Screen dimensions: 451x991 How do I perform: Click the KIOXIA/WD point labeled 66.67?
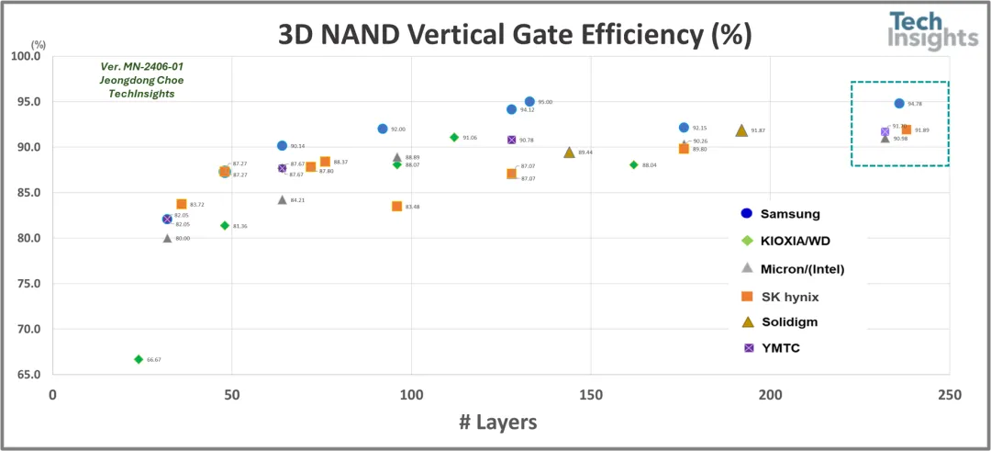(139, 359)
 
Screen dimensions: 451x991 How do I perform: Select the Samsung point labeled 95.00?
(529, 102)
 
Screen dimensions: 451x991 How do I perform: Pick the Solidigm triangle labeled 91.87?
(741, 130)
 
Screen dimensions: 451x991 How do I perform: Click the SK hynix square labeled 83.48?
(397, 207)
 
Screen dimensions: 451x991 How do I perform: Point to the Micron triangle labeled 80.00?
(167, 238)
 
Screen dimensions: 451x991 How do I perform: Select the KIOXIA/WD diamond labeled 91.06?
(454, 137)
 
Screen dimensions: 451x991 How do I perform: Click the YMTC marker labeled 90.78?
(511, 140)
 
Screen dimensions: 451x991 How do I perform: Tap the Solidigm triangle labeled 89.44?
(569, 152)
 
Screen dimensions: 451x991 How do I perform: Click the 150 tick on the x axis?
(590, 394)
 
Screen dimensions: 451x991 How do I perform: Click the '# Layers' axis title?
(497, 422)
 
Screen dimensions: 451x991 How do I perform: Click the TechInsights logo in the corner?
(932, 32)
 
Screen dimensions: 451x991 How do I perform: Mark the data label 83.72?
(197, 205)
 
